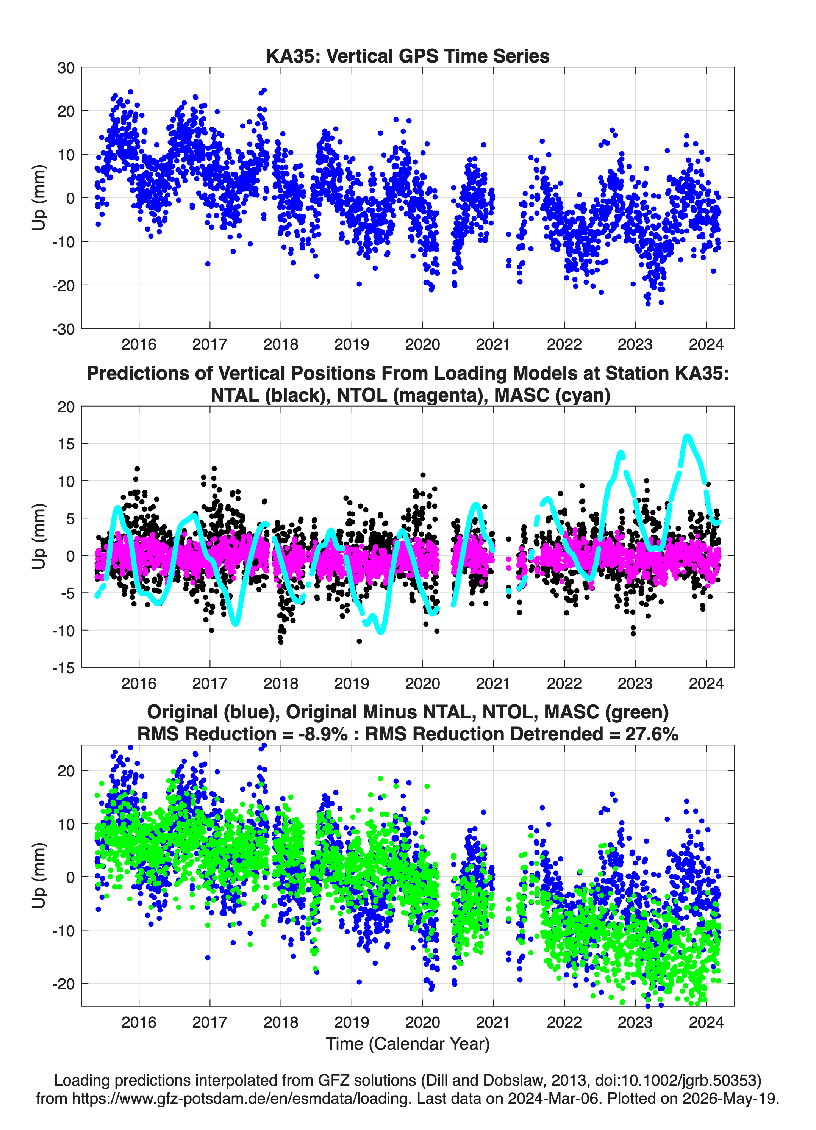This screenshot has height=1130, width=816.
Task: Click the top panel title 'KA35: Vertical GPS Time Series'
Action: click(x=408, y=56)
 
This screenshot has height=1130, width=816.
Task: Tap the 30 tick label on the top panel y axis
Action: click(x=66, y=68)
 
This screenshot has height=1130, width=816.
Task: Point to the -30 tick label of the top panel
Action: click(x=63, y=329)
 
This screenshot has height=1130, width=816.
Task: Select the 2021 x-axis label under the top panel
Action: click(x=493, y=344)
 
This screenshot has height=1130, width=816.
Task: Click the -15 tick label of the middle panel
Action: click(x=63, y=668)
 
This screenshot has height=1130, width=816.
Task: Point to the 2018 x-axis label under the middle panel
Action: click(x=280, y=683)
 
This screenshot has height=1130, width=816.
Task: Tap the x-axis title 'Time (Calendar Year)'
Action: click(x=408, y=1044)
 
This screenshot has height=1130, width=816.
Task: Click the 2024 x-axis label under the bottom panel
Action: click(x=706, y=1022)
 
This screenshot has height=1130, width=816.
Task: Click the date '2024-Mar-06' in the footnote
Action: click(x=553, y=1099)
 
